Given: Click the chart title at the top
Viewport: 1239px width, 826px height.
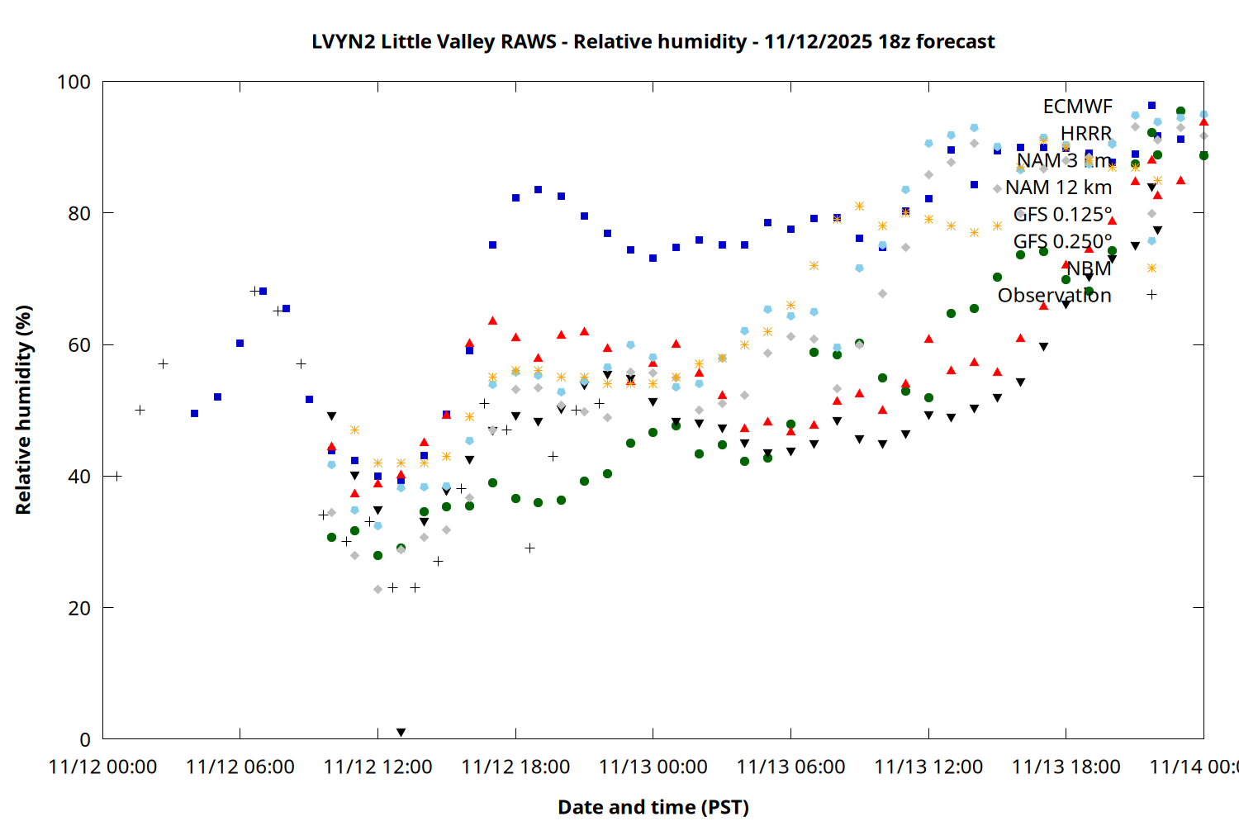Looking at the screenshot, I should (653, 41).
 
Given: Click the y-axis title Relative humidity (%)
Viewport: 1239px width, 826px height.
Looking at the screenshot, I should (23, 410).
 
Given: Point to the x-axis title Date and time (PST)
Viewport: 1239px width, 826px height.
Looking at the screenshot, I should (653, 807).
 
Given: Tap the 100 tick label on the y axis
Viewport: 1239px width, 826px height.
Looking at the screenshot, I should (74, 82).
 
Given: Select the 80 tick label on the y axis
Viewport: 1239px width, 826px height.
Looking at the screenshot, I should (79, 213).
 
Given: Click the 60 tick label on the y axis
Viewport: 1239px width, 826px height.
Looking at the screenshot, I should (79, 344).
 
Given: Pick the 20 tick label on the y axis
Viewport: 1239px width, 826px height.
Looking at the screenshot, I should (79, 608).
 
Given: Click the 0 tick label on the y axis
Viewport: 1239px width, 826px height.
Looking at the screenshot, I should (85, 739).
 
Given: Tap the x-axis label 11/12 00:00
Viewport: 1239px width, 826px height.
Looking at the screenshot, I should (102, 767).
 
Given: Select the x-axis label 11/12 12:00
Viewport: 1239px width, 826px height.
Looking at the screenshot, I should (377, 767).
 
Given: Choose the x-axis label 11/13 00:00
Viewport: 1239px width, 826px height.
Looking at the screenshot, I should (653, 767).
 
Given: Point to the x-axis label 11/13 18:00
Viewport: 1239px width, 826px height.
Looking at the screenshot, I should (1066, 767).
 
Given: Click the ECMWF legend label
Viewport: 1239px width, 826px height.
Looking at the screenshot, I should (1077, 107).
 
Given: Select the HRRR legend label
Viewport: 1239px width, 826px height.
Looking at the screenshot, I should (1085, 134).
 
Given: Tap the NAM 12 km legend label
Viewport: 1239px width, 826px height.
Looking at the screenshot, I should (1058, 188).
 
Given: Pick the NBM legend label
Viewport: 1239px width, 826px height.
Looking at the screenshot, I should (1089, 268).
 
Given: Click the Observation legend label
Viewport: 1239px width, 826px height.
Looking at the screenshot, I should (1054, 296).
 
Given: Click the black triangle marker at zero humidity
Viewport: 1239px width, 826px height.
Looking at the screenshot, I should (401, 733).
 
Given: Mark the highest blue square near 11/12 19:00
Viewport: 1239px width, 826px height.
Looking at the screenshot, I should (538, 189).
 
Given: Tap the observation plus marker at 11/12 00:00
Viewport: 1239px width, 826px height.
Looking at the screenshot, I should (116, 476).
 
